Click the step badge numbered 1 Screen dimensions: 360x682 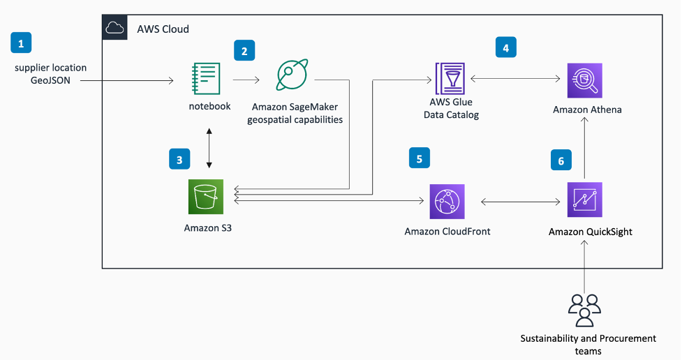21,44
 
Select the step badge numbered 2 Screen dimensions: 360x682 244,50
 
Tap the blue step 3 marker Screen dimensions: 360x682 179,160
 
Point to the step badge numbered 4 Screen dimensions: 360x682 505,47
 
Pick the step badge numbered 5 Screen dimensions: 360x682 420,158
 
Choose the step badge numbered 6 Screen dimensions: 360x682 560,160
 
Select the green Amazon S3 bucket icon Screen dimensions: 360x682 205,197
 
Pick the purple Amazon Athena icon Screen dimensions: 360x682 584,81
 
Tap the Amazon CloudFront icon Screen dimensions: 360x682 447,202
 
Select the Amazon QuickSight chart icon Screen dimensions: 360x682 584,200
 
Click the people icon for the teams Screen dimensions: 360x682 584,310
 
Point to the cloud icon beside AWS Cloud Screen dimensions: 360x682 114,29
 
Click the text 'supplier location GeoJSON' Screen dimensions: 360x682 51,74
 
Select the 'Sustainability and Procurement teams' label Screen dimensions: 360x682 588,345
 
